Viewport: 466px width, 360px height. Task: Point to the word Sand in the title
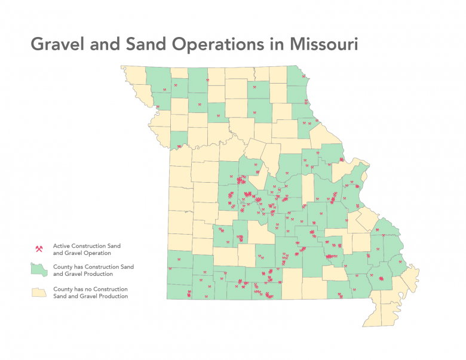(147, 44)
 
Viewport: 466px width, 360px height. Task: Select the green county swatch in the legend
(39, 270)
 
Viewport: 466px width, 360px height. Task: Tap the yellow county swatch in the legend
(39, 292)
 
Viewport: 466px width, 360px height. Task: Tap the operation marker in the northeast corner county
(303, 76)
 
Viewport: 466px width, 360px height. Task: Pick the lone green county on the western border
(177, 139)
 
